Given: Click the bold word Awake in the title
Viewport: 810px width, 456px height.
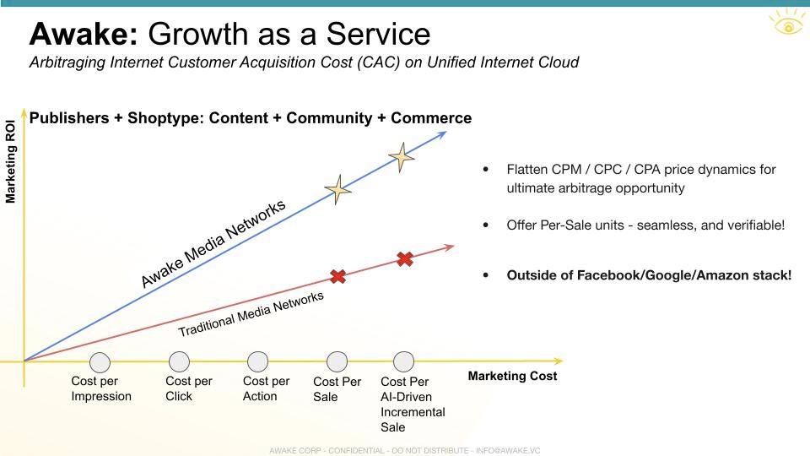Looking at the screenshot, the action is [84, 34].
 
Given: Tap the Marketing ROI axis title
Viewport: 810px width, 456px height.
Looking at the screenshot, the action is [10, 162].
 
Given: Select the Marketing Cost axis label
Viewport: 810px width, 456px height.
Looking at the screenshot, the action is [512, 376].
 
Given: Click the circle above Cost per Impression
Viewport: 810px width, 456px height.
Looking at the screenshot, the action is [100, 362].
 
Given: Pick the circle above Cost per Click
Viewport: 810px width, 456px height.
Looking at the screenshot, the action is [179, 362].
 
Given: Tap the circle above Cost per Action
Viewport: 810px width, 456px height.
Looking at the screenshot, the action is [258, 362].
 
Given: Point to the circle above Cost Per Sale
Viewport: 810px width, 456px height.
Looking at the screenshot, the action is [337, 362].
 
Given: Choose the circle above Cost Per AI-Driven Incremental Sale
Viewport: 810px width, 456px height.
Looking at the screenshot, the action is [403, 362].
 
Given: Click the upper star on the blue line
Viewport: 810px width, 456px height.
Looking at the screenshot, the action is [402, 157].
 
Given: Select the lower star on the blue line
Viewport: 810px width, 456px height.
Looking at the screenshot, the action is [337, 190].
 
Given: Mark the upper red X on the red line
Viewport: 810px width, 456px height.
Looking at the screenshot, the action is [405, 258].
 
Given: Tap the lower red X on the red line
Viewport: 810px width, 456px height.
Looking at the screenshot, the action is [337, 277].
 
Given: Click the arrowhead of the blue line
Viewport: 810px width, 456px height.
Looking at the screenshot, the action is [442, 135].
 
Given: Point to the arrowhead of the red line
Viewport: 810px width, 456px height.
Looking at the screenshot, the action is [450, 247].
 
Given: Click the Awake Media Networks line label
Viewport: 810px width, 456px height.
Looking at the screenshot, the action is [213, 243].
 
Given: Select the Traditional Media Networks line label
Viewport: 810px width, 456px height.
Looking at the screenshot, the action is [251, 314].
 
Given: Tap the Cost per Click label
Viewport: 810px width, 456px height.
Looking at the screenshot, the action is [188, 388].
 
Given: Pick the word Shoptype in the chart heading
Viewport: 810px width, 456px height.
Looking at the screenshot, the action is [165, 118].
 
